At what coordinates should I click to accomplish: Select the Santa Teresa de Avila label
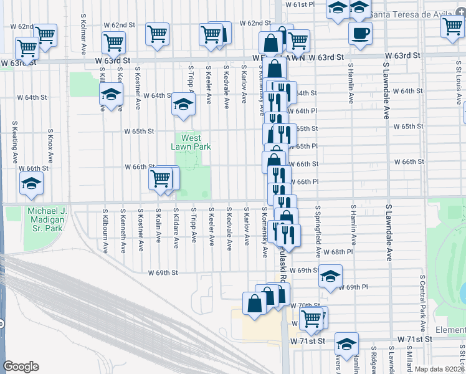coord(416,14)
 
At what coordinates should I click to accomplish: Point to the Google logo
coord(21,366)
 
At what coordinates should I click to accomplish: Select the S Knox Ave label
coord(50,143)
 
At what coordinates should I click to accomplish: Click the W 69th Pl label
coord(358,287)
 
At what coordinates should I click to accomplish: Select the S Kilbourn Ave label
coord(104,231)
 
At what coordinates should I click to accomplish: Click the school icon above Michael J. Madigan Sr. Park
coord(31,184)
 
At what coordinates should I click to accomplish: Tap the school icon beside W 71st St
coord(346,343)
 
